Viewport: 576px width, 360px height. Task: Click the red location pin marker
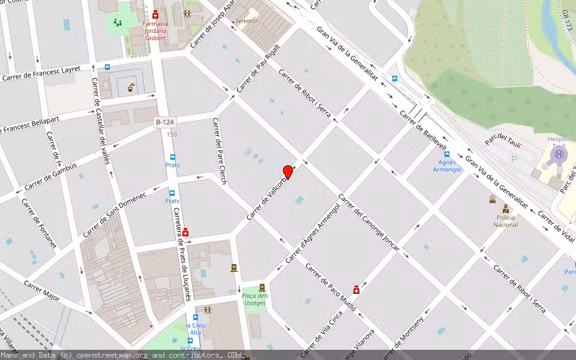pyautogui.click(x=288, y=172)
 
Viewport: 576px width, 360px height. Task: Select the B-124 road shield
pyautogui.click(x=164, y=122)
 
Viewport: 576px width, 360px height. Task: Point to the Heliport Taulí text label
pyautogui.click(x=559, y=142)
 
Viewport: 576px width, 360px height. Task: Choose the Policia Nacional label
pyautogui.click(x=505, y=221)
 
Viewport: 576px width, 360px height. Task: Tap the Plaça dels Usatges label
pyautogui.click(x=255, y=299)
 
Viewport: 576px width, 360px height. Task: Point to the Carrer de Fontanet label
pyautogui.click(x=39, y=223)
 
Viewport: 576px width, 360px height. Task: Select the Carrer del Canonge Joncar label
pyautogui.click(x=368, y=222)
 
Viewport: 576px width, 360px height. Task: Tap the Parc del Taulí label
pyautogui.click(x=503, y=142)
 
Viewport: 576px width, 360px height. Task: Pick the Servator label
pyautogui.click(x=247, y=21)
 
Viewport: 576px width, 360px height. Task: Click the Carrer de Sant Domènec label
pyautogui.click(x=115, y=214)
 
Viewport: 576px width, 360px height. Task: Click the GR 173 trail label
pyautogui.click(x=568, y=21)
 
